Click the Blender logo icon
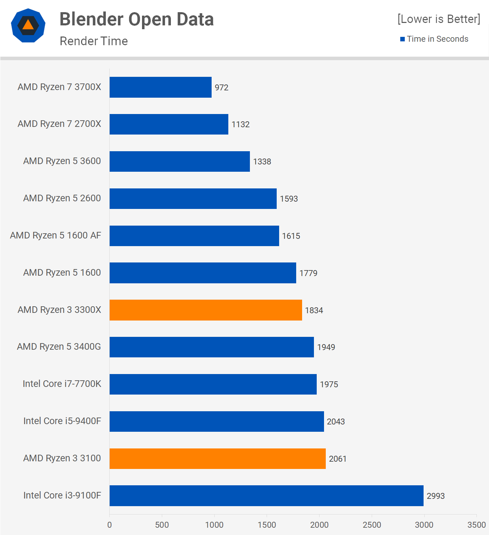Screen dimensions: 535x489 [x=28, y=25]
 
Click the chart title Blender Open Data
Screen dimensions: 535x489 [x=136, y=19]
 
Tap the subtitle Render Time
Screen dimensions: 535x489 [x=94, y=41]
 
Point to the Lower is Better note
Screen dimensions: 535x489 [x=439, y=19]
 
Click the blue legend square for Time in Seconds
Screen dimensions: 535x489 [x=402, y=39]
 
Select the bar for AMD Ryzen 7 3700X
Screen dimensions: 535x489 [x=160, y=87]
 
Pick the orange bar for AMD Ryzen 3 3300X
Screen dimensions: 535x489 [x=206, y=310]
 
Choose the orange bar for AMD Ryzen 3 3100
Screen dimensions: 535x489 [x=218, y=459]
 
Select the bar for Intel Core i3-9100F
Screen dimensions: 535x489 [x=266, y=496]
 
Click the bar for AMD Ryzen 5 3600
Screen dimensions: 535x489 [x=180, y=161]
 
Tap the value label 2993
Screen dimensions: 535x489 [x=436, y=496]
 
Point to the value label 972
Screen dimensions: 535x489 [x=221, y=88]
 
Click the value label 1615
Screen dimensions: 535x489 [x=291, y=236]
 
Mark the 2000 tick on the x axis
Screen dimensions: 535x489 [x=319, y=525]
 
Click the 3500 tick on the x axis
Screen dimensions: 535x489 [x=476, y=525]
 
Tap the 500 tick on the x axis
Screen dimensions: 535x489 [x=162, y=525]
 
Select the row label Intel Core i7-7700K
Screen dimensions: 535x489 [x=62, y=384]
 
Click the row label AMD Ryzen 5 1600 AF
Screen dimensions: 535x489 [x=56, y=235]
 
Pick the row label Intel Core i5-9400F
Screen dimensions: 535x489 [x=62, y=421]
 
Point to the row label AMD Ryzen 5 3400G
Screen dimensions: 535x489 [x=59, y=347]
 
